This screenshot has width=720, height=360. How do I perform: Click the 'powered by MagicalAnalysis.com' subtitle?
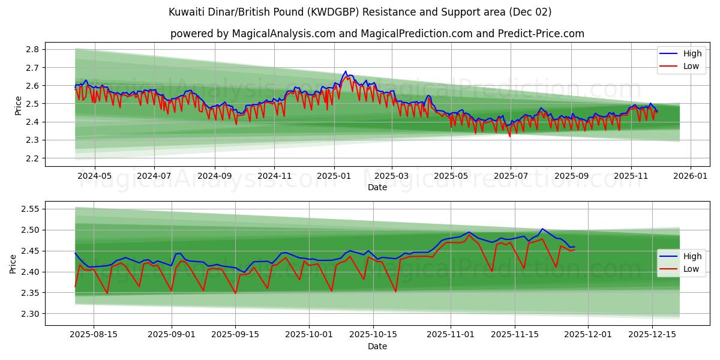377,34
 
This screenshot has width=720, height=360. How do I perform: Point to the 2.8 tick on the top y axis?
34,49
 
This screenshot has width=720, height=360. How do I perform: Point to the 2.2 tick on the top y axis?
34,158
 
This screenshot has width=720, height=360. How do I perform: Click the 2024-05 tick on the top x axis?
94,176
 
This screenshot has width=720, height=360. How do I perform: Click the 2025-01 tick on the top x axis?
334,176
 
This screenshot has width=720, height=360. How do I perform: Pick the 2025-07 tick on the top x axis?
511,176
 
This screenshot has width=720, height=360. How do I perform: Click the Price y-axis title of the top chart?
18,104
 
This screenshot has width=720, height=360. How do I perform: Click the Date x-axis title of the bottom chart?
377,346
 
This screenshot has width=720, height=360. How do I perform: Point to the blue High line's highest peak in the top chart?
345,71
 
